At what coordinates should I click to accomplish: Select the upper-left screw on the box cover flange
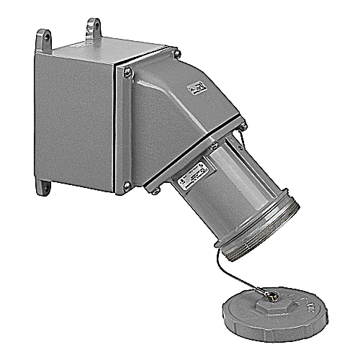[127, 71]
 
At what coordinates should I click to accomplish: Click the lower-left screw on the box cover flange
[127, 186]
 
